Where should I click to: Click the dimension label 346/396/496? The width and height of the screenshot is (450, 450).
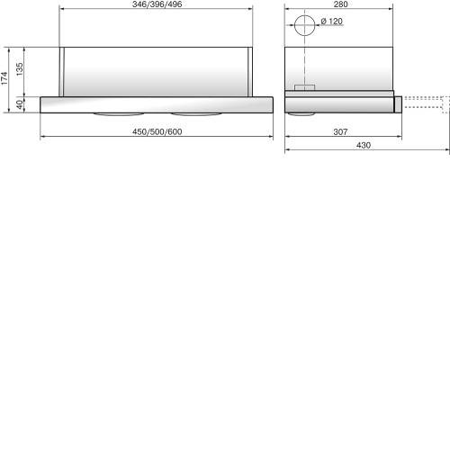tap(157, 4)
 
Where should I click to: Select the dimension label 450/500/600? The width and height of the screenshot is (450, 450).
tap(157, 131)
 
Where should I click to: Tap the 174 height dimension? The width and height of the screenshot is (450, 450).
tap(4, 78)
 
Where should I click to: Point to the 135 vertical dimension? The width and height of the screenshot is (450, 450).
tap(19, 69)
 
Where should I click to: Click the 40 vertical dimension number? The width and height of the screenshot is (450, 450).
tap(19, 104)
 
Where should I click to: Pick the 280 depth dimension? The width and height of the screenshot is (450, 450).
tap(341, 4)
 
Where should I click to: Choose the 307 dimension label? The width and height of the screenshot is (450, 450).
tap(340, 131)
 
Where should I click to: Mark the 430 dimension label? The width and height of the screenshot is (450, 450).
tap(364, 145)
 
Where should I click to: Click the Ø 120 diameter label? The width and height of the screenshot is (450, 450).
tap(331, 22)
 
